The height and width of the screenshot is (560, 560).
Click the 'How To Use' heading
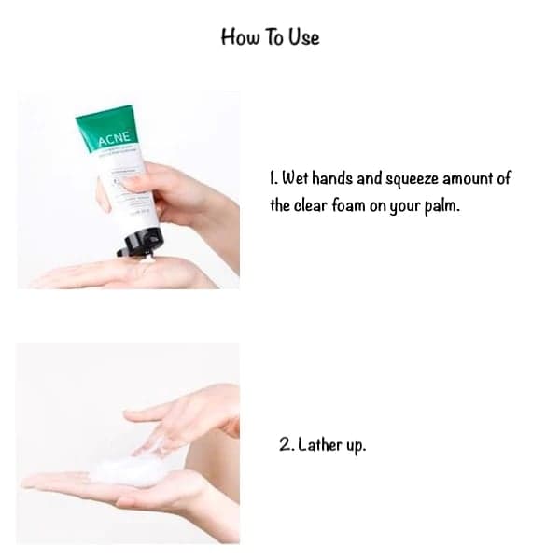click(x=270, y=36)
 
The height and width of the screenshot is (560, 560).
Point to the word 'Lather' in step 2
click(x=322, y=445)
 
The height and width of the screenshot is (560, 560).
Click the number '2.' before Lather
click(x=287, y=445)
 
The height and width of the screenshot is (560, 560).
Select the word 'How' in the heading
click(x=237, y=36)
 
